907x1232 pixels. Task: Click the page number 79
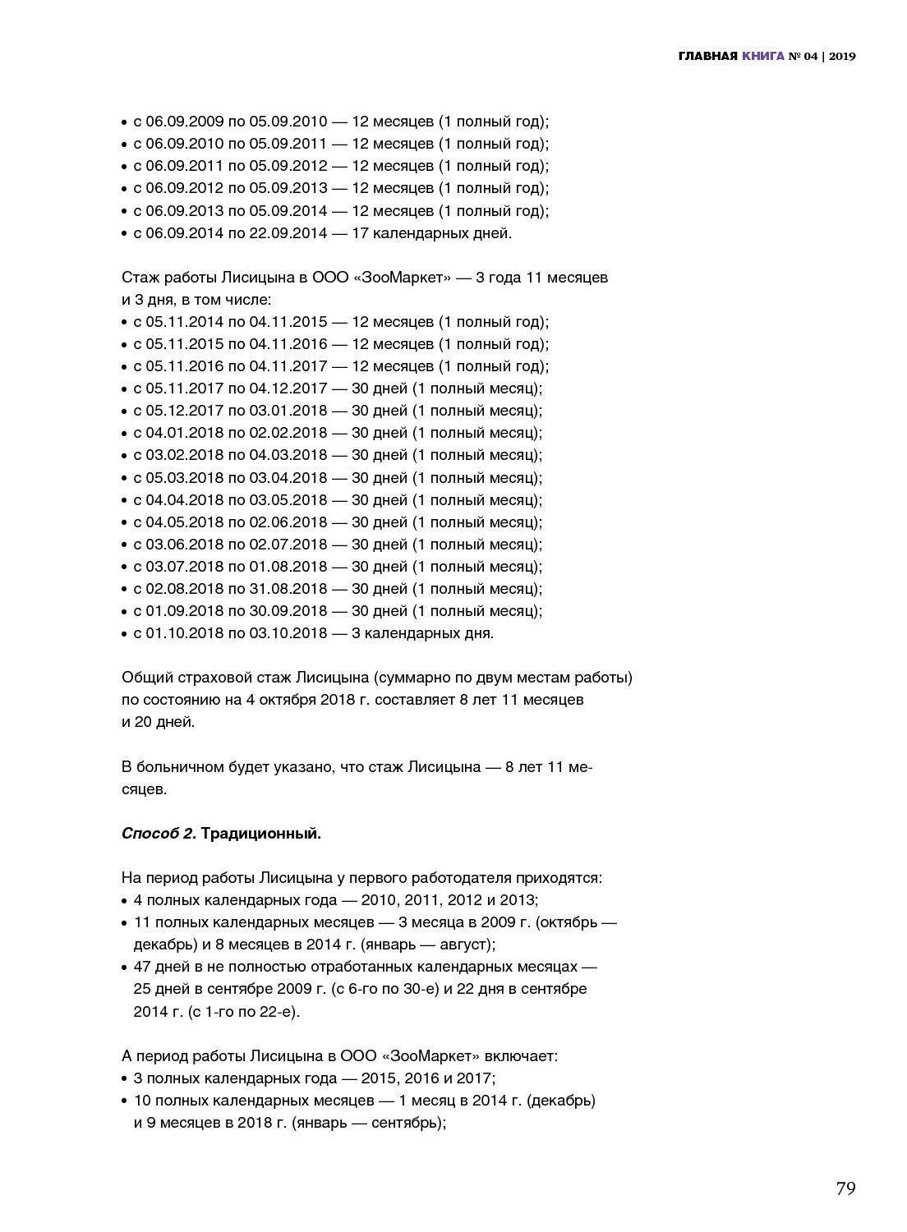(x=845, y=1188)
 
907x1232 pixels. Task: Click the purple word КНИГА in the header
(x=762, y=56)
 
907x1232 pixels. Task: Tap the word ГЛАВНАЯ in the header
(x=707, y=56)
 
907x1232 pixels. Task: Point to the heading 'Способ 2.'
(x=159, y=834)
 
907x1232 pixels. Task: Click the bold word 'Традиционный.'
(x=261, y=834)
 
